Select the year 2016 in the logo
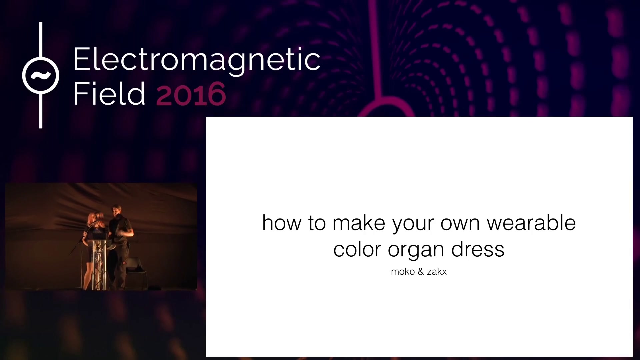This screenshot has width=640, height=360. pos(191,94)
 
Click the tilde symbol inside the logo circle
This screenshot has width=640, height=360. pos(41,76)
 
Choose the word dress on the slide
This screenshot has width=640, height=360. pos(478,249)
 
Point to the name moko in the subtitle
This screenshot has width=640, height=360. pos(403,272)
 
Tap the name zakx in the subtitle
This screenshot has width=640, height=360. pos(437,272)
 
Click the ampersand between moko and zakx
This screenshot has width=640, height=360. pos(421,272)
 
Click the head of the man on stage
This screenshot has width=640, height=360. pos(116,211)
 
